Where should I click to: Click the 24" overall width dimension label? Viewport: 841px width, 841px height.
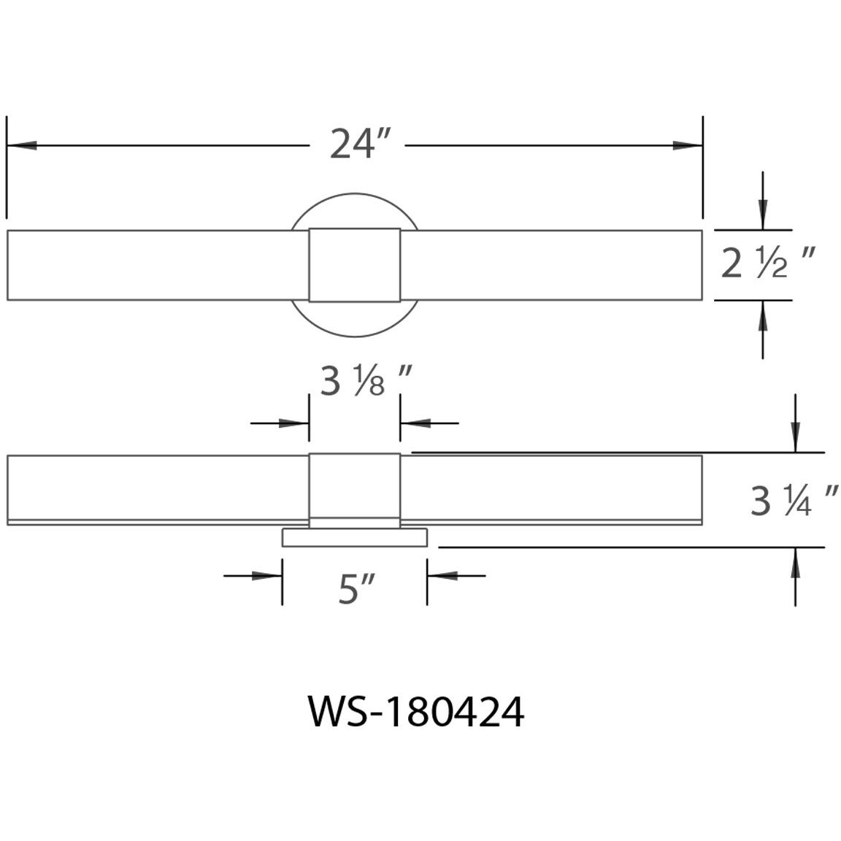click(x=356, y=144)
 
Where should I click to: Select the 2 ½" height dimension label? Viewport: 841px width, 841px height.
click(x=767, y=264)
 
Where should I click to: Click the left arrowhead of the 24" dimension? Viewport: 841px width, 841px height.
click(x=22, y=145)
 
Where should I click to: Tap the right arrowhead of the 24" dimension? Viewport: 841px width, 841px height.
click(x=686, y=145)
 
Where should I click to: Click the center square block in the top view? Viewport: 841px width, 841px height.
click(x=354, y=264)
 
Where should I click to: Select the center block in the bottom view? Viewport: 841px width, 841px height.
click(x=354, y=485)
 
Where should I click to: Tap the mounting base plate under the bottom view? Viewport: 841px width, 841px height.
click(x=354, y=539)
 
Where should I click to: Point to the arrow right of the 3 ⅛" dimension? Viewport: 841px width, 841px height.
click(x=415, y=423)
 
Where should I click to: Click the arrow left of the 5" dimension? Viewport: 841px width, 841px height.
click(x=267, y=576)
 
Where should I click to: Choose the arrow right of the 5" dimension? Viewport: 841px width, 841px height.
click(x=442, y=576)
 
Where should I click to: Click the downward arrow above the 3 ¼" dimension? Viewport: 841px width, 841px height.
click(x=795, y=438)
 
